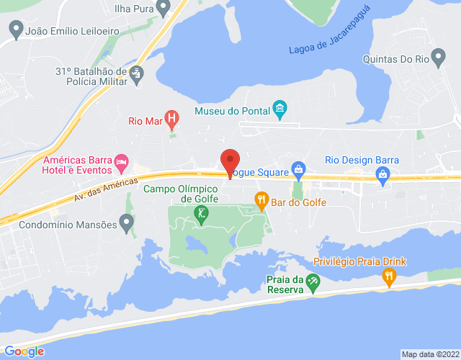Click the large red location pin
pyautogui.click(x=230, y=162)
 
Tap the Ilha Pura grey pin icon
pyautogui.click(x=163, y=8)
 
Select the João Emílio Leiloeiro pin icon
pyautogui.click(x=15, y=30)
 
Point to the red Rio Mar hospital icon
pyautogui.click(x=171, y=117)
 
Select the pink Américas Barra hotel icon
pyautogui.click(x=122, y=162)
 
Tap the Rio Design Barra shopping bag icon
pyautogui.click(x=383, y=173)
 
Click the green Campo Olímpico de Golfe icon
pyautogui.click(x=202, y=214)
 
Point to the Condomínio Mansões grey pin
pyautogui.click(x=127, y=224)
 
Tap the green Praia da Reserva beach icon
pyautogui.click(x=312, y=282)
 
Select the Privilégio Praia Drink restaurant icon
pyautogui.click(x=389, y=276)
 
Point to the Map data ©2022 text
pyautogui.click(x=430, y=354)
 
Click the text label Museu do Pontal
pyautogui.click(x=230, y=111)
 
